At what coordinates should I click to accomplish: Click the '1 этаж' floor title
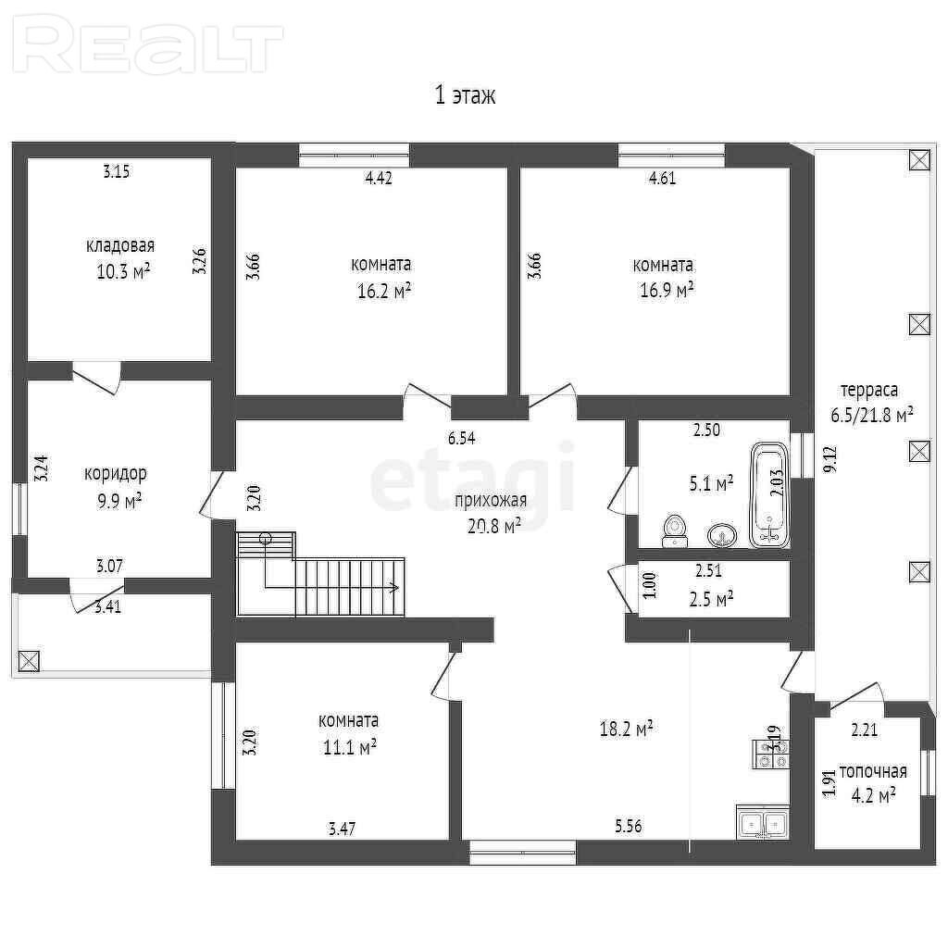(x=466, y=95)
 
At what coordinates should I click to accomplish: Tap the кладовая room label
(x=120, y=245)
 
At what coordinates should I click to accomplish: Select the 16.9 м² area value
(x=667, y=290)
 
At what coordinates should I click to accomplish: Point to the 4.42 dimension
(x=379, y=178)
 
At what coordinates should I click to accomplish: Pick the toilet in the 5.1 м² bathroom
(x=674, y=530)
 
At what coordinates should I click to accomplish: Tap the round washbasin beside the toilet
(x=722, y=535)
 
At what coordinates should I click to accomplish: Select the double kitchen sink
(x=763, y=822)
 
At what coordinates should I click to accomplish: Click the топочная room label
(x=873, y=771)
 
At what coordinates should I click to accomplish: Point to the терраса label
(x=869, y=391)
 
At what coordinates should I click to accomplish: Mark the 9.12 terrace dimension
(x=830, y=459)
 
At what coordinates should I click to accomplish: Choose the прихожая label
(x=491, y=500)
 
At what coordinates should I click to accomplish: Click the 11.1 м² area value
(x=350, y=748)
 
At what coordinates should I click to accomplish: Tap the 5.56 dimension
(x=629, y=826)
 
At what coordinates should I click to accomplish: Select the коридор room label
(x=116, y=473)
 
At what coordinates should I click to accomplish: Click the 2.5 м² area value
(x=712, y=599)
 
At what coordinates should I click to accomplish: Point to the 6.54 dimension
(x=461, y=438)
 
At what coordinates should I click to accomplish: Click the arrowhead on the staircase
(x=393, y=588)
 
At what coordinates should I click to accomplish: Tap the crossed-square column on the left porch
(x=29, y=661)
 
